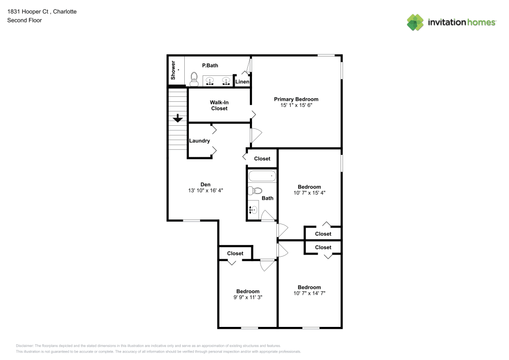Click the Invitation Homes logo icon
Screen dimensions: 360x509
(x=415, y=22)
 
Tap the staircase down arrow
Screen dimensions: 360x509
(x=177, y=118)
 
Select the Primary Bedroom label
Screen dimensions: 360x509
(x=296, y=99)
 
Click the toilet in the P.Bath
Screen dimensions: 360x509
(x=194, y=79)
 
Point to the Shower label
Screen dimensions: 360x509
(x=173, y=70)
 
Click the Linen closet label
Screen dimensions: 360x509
(x=242, y=82)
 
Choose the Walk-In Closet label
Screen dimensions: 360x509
(x=219, y=105)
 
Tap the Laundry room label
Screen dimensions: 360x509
(x=200, y=141)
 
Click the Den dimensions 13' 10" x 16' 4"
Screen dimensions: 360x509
(x=205, y=190)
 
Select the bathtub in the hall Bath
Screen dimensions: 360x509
(x=262, y=177)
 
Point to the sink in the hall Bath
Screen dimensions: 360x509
(x=253, y=209)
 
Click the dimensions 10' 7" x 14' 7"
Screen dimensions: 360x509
(x=309, y=293)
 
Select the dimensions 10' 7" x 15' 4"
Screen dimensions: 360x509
(x=309, y=193)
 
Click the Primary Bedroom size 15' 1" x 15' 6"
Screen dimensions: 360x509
(x=296, y=105)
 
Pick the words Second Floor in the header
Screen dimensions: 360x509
(x=24, y=20)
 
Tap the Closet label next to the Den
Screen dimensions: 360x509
(x=262, y=159)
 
